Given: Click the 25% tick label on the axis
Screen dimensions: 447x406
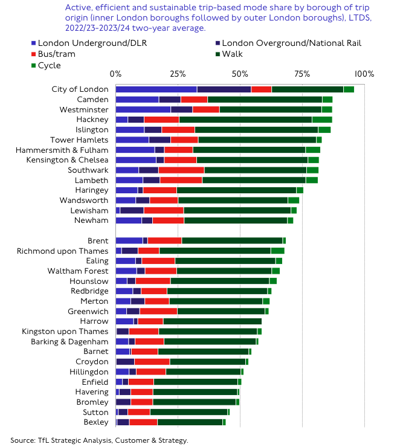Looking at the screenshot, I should [x=178, y=74].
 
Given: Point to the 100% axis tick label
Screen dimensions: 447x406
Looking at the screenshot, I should [x=364, y=74].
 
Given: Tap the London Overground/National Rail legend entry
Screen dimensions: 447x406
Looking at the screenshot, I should [x=291, y=43].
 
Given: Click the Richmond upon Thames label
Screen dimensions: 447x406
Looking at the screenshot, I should [x=62, y=251].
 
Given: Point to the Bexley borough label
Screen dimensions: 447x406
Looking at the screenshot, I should [x=96, y=422].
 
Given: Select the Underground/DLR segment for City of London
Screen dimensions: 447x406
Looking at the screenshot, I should [x=156, y=89].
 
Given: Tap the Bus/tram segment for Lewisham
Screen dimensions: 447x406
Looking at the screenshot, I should [x=163, y=210].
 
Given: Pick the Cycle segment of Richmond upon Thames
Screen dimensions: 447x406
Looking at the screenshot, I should [x=277, y=251].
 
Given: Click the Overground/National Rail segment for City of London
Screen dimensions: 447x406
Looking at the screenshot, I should [x=224, y=89].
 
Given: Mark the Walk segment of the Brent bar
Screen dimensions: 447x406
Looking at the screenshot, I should [x=232, y=240].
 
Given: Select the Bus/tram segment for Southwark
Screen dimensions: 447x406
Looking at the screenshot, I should [x=181, y=170].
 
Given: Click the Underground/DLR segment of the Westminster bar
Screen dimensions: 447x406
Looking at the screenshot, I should [x=143, y=109].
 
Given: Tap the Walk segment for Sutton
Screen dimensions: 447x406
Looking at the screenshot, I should [x=188, y=412].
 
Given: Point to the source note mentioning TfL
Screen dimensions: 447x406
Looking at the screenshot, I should [x=99, y=440].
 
